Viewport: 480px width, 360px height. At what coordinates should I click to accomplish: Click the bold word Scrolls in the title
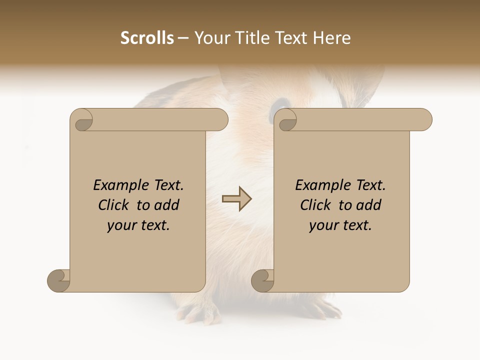(x=147, y=38)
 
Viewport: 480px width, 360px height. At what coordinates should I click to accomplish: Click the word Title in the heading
(x=252, y=38)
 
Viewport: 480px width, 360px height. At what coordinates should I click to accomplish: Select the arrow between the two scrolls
(x=237, y=198)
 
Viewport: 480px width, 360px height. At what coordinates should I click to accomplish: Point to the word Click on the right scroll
(x=315, y=205)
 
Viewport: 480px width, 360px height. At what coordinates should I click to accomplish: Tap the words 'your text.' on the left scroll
(x=138, y=225)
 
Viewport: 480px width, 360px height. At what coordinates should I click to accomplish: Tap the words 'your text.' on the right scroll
(x=340, y=225)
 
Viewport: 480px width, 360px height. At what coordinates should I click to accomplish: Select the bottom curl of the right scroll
(x=262, y=281)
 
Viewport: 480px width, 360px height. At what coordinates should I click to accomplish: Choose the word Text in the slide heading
(x=293, y=38)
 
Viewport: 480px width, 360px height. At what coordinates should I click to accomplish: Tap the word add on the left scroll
(x=166, y=205)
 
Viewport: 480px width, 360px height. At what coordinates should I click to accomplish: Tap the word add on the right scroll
(x=368, y=205)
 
